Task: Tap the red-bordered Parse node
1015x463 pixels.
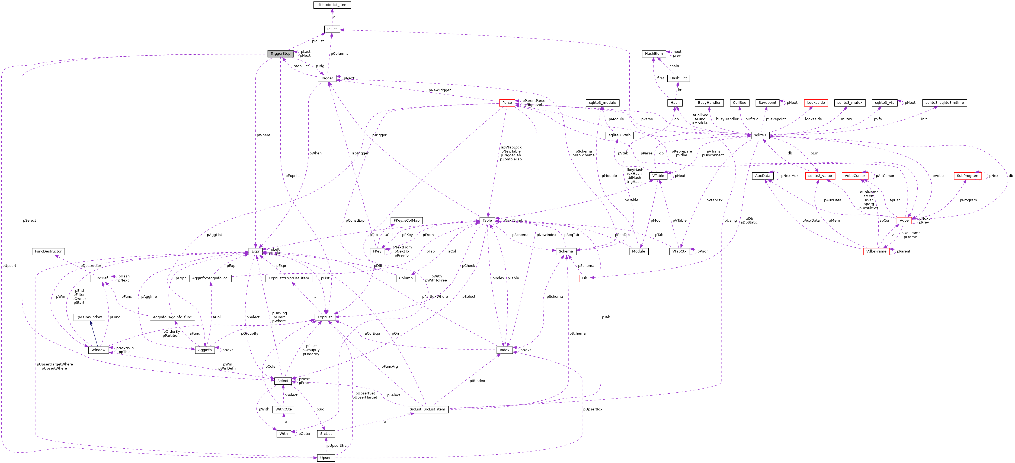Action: coord(507,103)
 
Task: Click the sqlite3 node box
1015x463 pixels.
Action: coord(759,135)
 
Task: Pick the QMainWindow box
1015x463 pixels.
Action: coord(89,317)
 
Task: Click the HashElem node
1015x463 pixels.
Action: coord(654,54)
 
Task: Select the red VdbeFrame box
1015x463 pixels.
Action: coord(876,251)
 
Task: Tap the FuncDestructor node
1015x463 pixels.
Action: coord(48,251)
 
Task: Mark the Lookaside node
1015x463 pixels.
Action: coord(816,103)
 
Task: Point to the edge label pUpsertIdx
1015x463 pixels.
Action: coord(592,409)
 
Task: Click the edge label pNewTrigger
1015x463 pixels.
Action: coord(439,90)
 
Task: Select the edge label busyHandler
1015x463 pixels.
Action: coord(727,119)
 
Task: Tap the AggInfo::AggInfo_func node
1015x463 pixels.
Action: coord(172,317)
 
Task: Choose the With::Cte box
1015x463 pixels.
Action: coord(283,409)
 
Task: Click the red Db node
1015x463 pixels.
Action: coord(584,278)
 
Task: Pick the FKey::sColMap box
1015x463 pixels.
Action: coord(407,221)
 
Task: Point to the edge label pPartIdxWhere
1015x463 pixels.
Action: coord(435,296)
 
